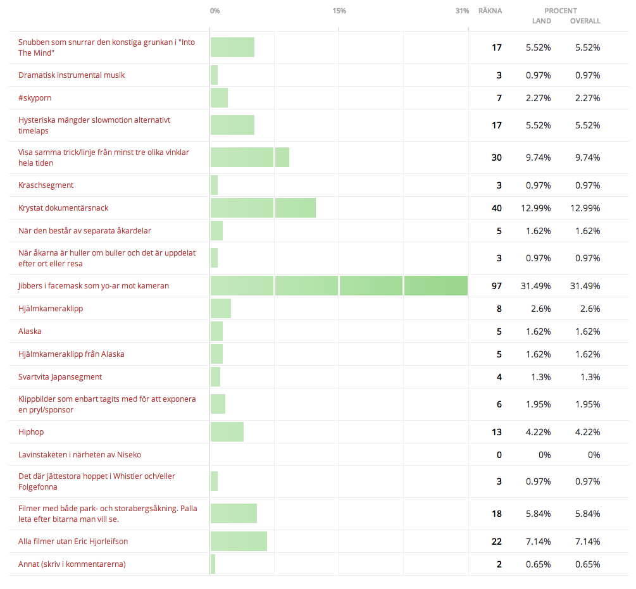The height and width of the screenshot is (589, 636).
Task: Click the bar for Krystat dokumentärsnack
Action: [263, 208]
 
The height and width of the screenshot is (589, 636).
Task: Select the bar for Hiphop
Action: [227, 431]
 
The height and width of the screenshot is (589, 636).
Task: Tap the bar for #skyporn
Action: [219, 97]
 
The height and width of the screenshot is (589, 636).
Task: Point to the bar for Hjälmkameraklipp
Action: [221, 309]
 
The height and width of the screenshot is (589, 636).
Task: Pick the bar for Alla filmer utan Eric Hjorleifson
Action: [239, 541]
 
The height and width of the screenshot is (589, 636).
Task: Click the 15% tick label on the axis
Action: [339, 11]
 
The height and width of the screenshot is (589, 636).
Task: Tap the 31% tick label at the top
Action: [462, 11]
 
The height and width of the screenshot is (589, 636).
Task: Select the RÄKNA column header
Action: [490, 11]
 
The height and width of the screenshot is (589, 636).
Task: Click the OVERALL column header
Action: [585, 21]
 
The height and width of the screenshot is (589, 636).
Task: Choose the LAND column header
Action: [542, 21]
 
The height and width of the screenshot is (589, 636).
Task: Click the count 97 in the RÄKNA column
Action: [497, 286]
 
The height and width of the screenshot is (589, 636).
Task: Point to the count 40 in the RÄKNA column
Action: [497, 208]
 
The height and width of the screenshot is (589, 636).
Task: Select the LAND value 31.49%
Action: [536, 286]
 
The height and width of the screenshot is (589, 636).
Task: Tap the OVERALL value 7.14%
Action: [588, 541]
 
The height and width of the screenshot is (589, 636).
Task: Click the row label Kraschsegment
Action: [46, 185]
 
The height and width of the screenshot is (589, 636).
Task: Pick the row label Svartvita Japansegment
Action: [60, 377]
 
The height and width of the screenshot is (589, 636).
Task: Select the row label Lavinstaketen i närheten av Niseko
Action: [80, 454]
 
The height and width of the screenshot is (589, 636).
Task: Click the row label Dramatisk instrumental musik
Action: [72, 75]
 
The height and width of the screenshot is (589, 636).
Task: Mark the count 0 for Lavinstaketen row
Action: [499, 455]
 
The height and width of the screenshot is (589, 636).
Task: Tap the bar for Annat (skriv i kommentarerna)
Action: [213, 564]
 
